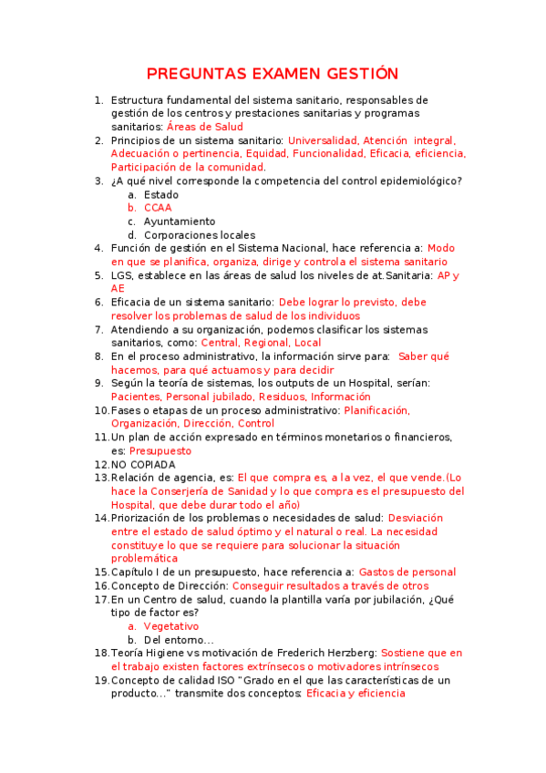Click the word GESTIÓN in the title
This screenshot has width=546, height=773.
(x=357, y=74)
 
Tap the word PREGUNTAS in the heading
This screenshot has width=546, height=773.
(x=192, y=74)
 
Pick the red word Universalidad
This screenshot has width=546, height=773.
(x=322, y=140)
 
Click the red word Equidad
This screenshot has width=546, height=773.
(x=266, y=154)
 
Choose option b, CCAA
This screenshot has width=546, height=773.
(x=158, y=208)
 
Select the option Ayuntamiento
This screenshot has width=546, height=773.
(x=180, y=222)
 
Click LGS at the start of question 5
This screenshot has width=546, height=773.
(x=121, y=275)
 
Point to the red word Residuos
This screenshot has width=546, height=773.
(x=282, y=397)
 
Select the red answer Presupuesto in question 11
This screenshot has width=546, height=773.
(x=160, y=450)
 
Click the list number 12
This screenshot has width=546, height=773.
(x=100, y=464)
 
